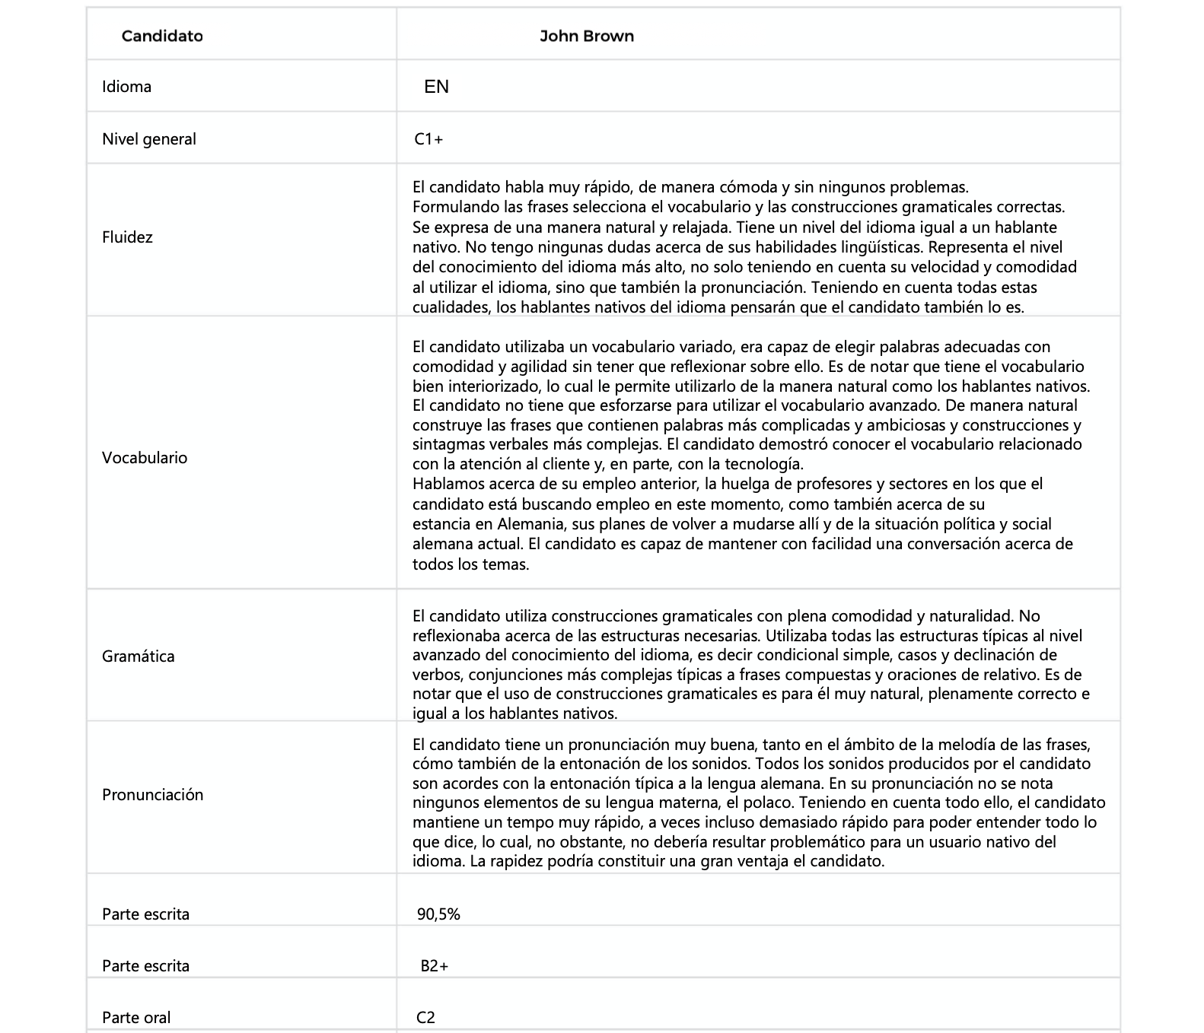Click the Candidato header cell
(x=162, y=36)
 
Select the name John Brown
(x=586, y=36)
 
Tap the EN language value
(x=436, y=87)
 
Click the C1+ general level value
(x=429, y=139)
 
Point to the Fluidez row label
(x=127, y=237)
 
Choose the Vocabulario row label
(x=145, y=458)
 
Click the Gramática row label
(x=138, y=656)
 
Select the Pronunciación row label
(x=152, y=795)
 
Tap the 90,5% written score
(x=438, y=914)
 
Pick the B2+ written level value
(x=434, y=966)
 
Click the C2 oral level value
(x=425, y=1018)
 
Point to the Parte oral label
(x=136, y=1018)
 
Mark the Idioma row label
(x=126, y=87)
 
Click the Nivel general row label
(x=149, y=139)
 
